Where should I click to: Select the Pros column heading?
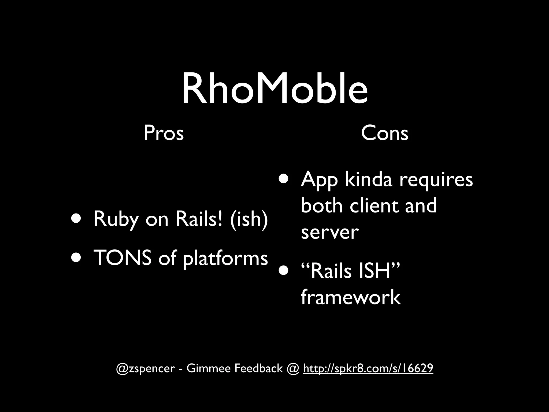164,133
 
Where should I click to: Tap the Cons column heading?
384,133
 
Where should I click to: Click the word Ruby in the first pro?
116,219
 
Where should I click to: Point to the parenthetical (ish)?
248,219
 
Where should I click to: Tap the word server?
329,232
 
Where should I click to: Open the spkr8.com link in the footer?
368,368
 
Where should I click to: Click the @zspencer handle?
145,369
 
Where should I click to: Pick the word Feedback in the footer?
258,368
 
